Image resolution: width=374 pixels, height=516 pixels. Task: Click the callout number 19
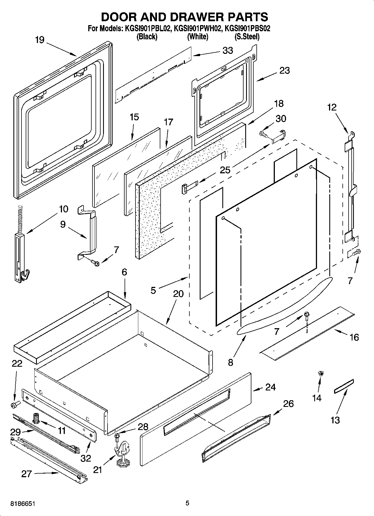(x=40, y=40)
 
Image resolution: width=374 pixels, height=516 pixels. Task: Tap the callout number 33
(x=228, y=51)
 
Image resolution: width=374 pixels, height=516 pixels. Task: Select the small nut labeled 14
(x=321, y=373)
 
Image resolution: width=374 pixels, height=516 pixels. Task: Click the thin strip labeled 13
(x=344, y=386)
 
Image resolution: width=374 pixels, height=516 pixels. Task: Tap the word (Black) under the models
(x=147, y=37)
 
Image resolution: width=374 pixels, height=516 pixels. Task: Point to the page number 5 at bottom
(x=187, y=503)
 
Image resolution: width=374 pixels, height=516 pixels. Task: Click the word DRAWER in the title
(x=185, y=17)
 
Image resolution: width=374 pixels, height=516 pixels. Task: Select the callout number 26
(x=288, y=404)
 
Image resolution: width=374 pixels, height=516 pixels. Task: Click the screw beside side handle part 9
(x=95, y=262)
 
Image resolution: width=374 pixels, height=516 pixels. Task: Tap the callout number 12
(x=332, y=107)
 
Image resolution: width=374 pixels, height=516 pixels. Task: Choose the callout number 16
(x=354, y=337)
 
